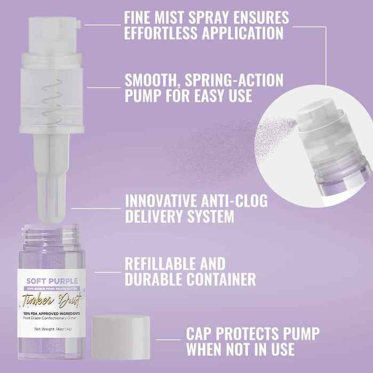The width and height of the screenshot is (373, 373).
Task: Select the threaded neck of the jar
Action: click(52, 233)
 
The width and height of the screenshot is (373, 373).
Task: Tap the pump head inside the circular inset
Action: click(314, 114)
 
